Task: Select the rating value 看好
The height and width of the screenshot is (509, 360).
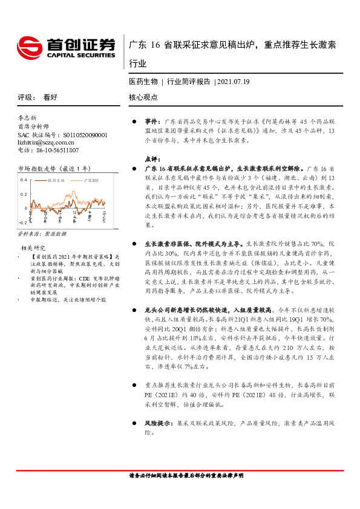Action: click(x=50, y=97)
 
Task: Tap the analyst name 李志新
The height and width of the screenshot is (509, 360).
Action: click(x=28, y=118)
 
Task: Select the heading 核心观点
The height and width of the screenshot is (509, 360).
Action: click(x=143, y=97)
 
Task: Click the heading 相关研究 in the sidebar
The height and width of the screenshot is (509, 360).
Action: click(x=34, y=247)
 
